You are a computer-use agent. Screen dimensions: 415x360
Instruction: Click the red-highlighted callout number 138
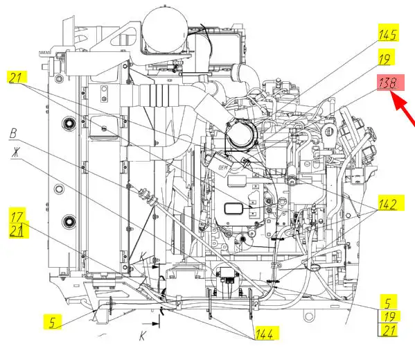click(x=387, y=83)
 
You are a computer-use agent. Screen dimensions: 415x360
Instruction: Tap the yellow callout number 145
click(x=388, y=35)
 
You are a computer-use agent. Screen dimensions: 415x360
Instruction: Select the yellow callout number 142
click(x=388, y=204)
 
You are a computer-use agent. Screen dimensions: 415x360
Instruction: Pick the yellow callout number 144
click(x=264, y=334)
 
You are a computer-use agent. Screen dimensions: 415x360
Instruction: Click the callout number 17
click(x=17, y=217)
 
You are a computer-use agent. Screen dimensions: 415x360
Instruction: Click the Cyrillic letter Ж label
click(x=16, y=152)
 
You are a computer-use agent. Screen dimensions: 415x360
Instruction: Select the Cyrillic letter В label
click(x=13, y=133)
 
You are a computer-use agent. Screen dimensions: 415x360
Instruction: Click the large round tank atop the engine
click(x=165, y=29)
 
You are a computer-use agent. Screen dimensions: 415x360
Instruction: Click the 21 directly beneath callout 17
click(x=17, y=230)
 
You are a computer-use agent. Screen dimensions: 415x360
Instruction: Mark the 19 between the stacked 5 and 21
click(x=389, y=316)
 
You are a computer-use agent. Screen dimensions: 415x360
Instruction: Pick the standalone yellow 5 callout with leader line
click(x=53, y=322)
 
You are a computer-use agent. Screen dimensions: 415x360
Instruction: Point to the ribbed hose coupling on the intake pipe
click(x=154, y=95)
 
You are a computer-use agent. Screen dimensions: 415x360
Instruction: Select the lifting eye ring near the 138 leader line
click(x=328, y=131)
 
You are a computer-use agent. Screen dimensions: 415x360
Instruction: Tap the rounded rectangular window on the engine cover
click(x=233, y=209)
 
